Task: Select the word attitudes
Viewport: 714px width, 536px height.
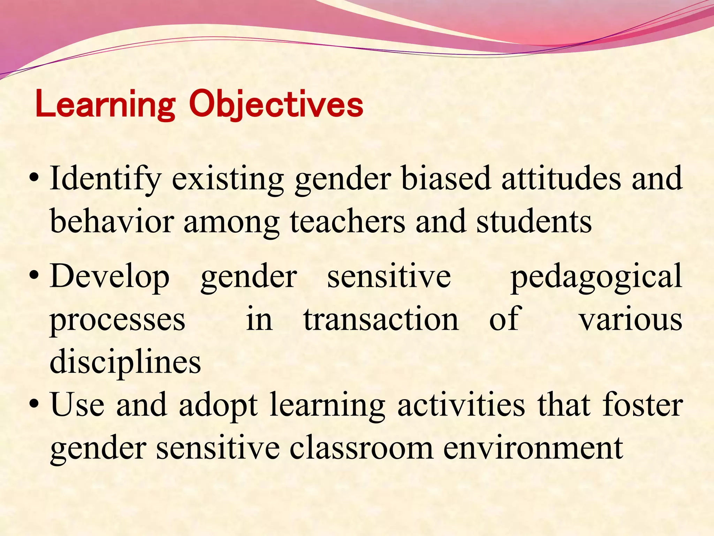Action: tap(561, 179)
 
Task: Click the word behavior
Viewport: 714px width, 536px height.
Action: tap(112, 221)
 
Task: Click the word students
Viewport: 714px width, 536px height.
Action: tap(534, 221)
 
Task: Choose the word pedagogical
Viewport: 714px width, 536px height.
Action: tap(596, 276)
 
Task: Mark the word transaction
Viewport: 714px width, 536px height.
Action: tap(381, 319)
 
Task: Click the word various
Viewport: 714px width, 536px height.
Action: tap(630, 320)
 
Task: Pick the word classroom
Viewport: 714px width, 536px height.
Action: tap(361, 448)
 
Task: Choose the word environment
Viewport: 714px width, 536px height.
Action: tap(533, 448)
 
